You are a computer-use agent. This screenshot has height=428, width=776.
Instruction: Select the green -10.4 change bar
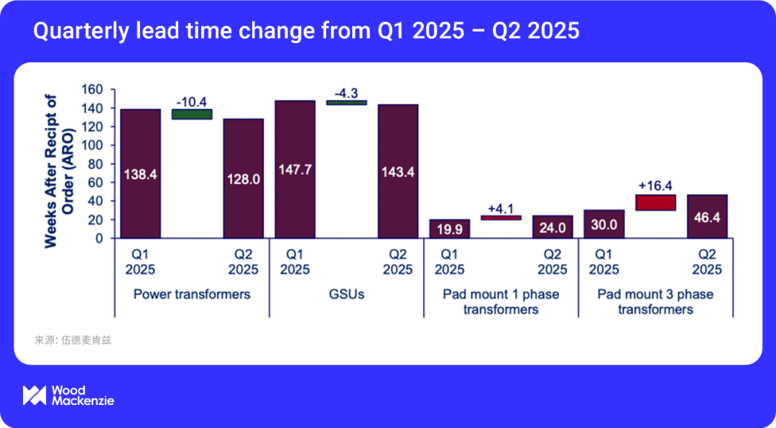(x=192, y=114)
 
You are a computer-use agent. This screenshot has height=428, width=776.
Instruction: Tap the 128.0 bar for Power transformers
(x=243, y=178)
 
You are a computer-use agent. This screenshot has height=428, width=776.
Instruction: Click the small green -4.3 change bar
(x=346, y=103)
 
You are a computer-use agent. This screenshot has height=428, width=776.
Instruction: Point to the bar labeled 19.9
(x=449, y=228)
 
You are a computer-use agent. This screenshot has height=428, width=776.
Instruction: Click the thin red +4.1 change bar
(x=501, y=218)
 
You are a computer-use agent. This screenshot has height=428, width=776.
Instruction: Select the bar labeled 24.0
(x=553, y=227)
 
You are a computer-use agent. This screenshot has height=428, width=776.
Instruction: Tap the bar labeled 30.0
(x=604, y=224)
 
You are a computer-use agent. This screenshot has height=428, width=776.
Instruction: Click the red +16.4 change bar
(x=655, y=203)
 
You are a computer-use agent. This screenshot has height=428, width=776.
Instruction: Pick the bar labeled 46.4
(x=707, y=216)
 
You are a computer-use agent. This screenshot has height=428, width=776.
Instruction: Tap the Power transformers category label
(x=192, y=294)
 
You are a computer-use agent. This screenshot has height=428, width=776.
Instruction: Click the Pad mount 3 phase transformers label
(x=655, y=302)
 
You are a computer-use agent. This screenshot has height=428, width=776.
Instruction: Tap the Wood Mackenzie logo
(x=68, y=396)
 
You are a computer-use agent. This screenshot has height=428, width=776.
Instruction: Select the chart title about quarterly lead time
(x=306, y=32)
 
